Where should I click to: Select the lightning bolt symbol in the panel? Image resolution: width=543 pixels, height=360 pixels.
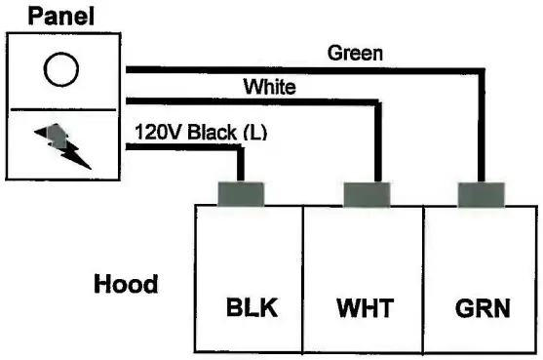pos(63,144)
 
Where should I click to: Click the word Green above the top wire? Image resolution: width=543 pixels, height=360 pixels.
pos(354,53)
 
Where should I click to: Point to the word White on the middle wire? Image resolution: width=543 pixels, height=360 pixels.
pos(269,87)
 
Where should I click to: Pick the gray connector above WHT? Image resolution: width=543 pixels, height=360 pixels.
pos(368,194)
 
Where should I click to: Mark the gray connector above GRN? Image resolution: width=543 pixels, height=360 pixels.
pos(481,194)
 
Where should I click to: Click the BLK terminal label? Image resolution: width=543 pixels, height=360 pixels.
pos(251,309)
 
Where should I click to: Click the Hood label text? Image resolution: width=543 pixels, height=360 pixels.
pos(126,285)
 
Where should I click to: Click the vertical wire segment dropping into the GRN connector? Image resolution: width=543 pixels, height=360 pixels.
pos(481,127)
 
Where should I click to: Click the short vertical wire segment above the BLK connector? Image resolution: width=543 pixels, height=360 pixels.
pos(240,164)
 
